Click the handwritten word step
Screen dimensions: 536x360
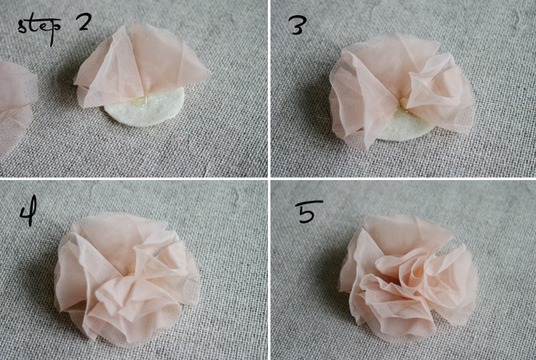tap(38, 29)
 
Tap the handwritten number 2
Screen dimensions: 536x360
tap(84, 22)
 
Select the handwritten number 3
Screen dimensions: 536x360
tap(298, 25)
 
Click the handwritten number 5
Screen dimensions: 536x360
tap(310, 211)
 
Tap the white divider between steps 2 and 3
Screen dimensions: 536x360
tap(269, 88)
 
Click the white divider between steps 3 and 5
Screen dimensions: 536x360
tap(403, 178)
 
